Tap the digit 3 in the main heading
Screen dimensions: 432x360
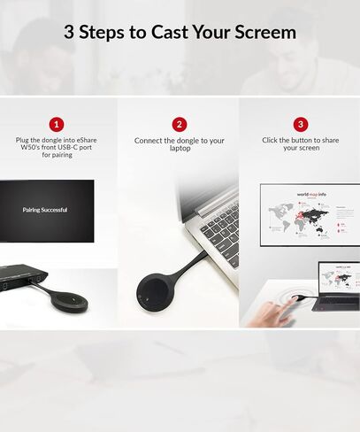coord(69,33)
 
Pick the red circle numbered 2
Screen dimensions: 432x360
coord(180,125)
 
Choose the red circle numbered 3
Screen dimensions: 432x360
coord(300,125)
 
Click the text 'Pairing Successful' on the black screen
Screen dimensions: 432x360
coord(45,210)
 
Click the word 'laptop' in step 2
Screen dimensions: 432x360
coord(180,149)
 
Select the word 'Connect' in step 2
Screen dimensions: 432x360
coord(150,141)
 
